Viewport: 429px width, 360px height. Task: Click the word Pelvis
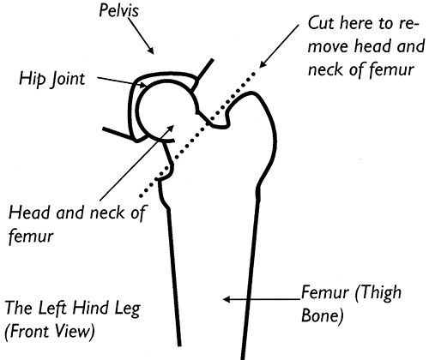click(x=118, y=10)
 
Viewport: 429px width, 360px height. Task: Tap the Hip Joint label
click(x=52, y=79)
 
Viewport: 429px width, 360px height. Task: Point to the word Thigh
click(x=378, y=292)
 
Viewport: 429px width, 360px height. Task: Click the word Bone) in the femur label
click(x=323, y=316)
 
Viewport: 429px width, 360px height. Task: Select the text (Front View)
click(x=50, y=332)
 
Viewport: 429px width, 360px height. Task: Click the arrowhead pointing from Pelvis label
click(x=150, y=50)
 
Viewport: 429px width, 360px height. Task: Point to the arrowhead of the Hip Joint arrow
click(x=143, y=84)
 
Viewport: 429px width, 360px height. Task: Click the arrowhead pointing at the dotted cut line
click(x=263, y=63)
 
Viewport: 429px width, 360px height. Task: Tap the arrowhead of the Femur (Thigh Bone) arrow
click(x=227, y=299)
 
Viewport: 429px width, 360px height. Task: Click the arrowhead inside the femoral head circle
click(x=170, y=128)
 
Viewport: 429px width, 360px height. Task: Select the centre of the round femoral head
click(x=166, y=111)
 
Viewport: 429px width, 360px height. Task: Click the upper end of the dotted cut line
click(x=253, y=74)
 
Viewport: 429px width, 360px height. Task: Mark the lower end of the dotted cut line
click(x=141, y=196)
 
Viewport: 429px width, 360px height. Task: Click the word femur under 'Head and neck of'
click(x=31, y=237)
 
